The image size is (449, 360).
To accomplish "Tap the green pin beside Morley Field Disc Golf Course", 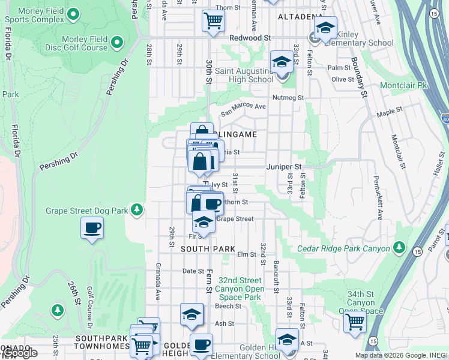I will [x=116, y=43].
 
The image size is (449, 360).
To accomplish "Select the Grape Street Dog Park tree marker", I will [x=137, y=209].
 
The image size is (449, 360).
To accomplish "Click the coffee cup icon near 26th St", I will [x=92, y=228].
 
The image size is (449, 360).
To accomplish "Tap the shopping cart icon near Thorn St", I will [x=213, y=21].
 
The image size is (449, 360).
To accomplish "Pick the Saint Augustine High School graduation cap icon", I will [x=281, y=62].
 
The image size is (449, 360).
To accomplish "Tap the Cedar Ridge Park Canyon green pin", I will [x=398, y=247].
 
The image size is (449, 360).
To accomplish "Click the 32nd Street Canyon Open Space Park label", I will [x=240, y=289].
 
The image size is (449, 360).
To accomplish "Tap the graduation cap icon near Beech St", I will [x=191, y=314].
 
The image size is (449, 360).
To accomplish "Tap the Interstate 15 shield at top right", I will [x=433, y=12].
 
